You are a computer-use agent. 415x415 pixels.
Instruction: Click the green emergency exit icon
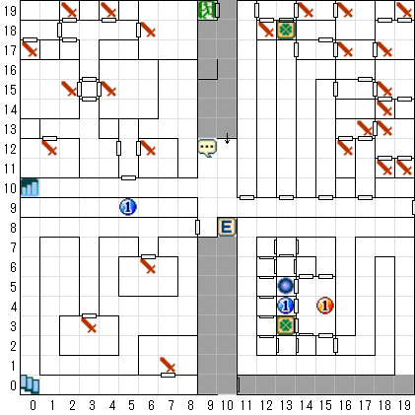pyautogui.click(x=207, y=10)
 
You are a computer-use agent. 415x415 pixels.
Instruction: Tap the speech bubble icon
pyautogui.click(x=207, y=148)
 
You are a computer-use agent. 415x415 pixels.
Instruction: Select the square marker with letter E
pyautogui.click(x=227, y=227)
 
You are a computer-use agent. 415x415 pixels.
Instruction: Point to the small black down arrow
pyautogui.click(x=227, y=139)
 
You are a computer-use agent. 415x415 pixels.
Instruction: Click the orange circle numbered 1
pyautogui.click(x=325, y=306)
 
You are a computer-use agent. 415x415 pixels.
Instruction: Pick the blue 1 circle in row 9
pyautogui.click(x=128, y=207)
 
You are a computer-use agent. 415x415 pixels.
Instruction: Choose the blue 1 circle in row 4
pyautogui.click(x=286, y=306)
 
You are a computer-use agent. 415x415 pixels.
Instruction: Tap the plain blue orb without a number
pyautogui.click(x=286, y=286)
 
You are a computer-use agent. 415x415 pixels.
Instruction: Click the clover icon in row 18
pyautogui.click(x=286, y=30)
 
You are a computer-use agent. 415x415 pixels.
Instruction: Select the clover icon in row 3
pyautogui.click(x=286, y=325)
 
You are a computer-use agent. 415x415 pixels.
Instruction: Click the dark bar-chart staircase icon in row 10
pyautogui.click(x=30, y=187)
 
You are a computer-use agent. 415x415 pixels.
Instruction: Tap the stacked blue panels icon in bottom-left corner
pyautogui.click(x=30, y=384)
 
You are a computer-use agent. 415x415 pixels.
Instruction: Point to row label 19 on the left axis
pyautogui.click(x=10, y=11)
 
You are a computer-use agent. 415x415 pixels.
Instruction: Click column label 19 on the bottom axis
pyautogui.click(x=404, y=406)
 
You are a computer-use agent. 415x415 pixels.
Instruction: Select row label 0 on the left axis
pyautogui.click(x=13, y=385)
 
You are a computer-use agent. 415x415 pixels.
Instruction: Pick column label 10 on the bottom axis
pyautogui.click(x=227, y=406)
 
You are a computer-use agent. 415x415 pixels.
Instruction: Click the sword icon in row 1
pyautogui.click(x=168, y=365)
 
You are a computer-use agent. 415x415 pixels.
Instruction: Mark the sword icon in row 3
pyautogui.click(x=89, y=325)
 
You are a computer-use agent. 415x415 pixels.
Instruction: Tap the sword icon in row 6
pyautogui.click(x=148, y=266)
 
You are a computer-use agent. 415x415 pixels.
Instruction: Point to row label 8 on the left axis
pyautogui.click(x=13, y=228)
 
